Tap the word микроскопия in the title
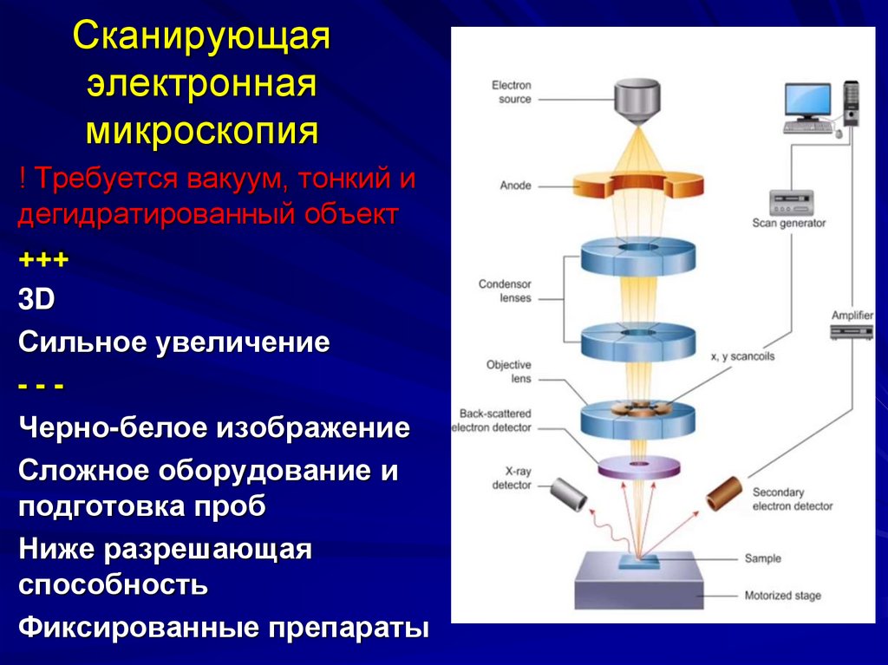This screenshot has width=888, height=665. coord(201,131)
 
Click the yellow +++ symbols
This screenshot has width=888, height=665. coord(43,259)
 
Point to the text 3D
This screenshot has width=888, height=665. coord(36,300)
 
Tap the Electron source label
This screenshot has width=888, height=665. coord(511,92)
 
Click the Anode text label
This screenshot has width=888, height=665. coord(515,186)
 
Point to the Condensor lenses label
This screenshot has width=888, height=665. coord(505,290)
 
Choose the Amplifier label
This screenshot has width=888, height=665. coord(852,316)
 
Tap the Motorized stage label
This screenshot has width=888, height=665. coord(782,596)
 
